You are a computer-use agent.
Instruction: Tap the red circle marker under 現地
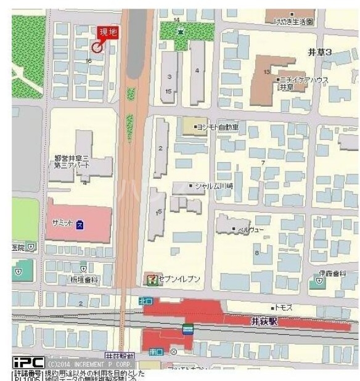click(x=97, y=47)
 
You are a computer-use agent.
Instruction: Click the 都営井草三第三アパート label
click(x=73, y=162)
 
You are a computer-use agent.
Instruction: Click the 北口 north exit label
click(x=145, y=301)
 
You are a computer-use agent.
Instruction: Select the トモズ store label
click(x=284, y=307)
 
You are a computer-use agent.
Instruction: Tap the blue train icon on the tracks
click(x=188, y=328)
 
